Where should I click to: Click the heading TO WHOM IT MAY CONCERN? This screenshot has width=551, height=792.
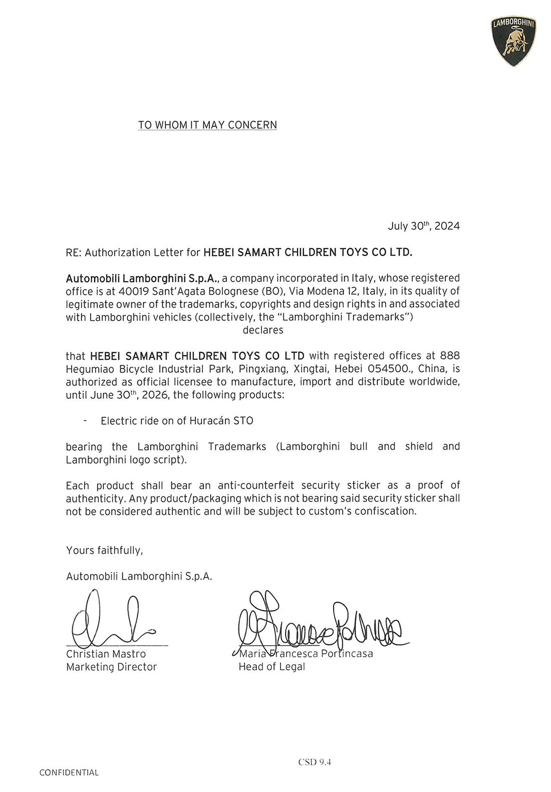(x=207, y=125)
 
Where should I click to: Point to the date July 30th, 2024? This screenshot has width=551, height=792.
(x=423, y=226)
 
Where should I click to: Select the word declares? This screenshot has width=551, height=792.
(x=263, y=330)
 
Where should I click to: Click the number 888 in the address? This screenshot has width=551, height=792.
(x=450, y=356)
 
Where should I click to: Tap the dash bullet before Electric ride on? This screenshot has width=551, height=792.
(x=86, y=421)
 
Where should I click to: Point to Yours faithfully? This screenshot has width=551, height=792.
(x=104, y=550)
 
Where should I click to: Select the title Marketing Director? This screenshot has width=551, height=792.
(x=111, y=667)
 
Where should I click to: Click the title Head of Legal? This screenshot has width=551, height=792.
(x=271, y=667)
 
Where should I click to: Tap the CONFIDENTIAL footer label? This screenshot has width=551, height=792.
(x=69, y=772)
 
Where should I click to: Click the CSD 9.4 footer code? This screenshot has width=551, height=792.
(x=315, y=762)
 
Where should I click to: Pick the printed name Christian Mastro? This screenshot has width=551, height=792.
(x=106, y=654)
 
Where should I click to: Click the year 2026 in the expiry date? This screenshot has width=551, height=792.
(x=155, y=395)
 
